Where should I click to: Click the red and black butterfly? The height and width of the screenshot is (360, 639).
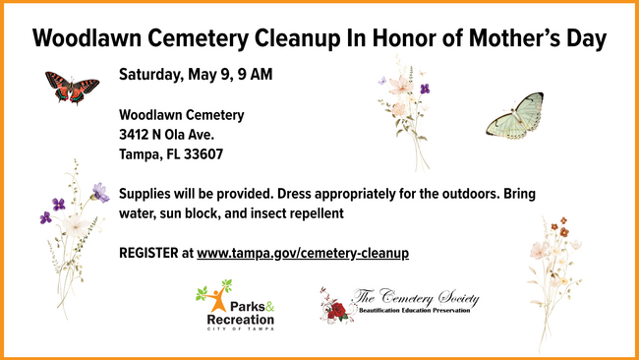click(72, 88)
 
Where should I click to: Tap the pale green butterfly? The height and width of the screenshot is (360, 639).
click(515, 116)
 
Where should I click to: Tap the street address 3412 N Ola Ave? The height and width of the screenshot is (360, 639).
click(166, 135)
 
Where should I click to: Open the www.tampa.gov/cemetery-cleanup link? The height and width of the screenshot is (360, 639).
click(303, 253)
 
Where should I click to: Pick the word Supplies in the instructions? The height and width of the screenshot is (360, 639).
click(146, 193)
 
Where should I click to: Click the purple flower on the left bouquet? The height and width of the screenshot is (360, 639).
click(100, 192)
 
